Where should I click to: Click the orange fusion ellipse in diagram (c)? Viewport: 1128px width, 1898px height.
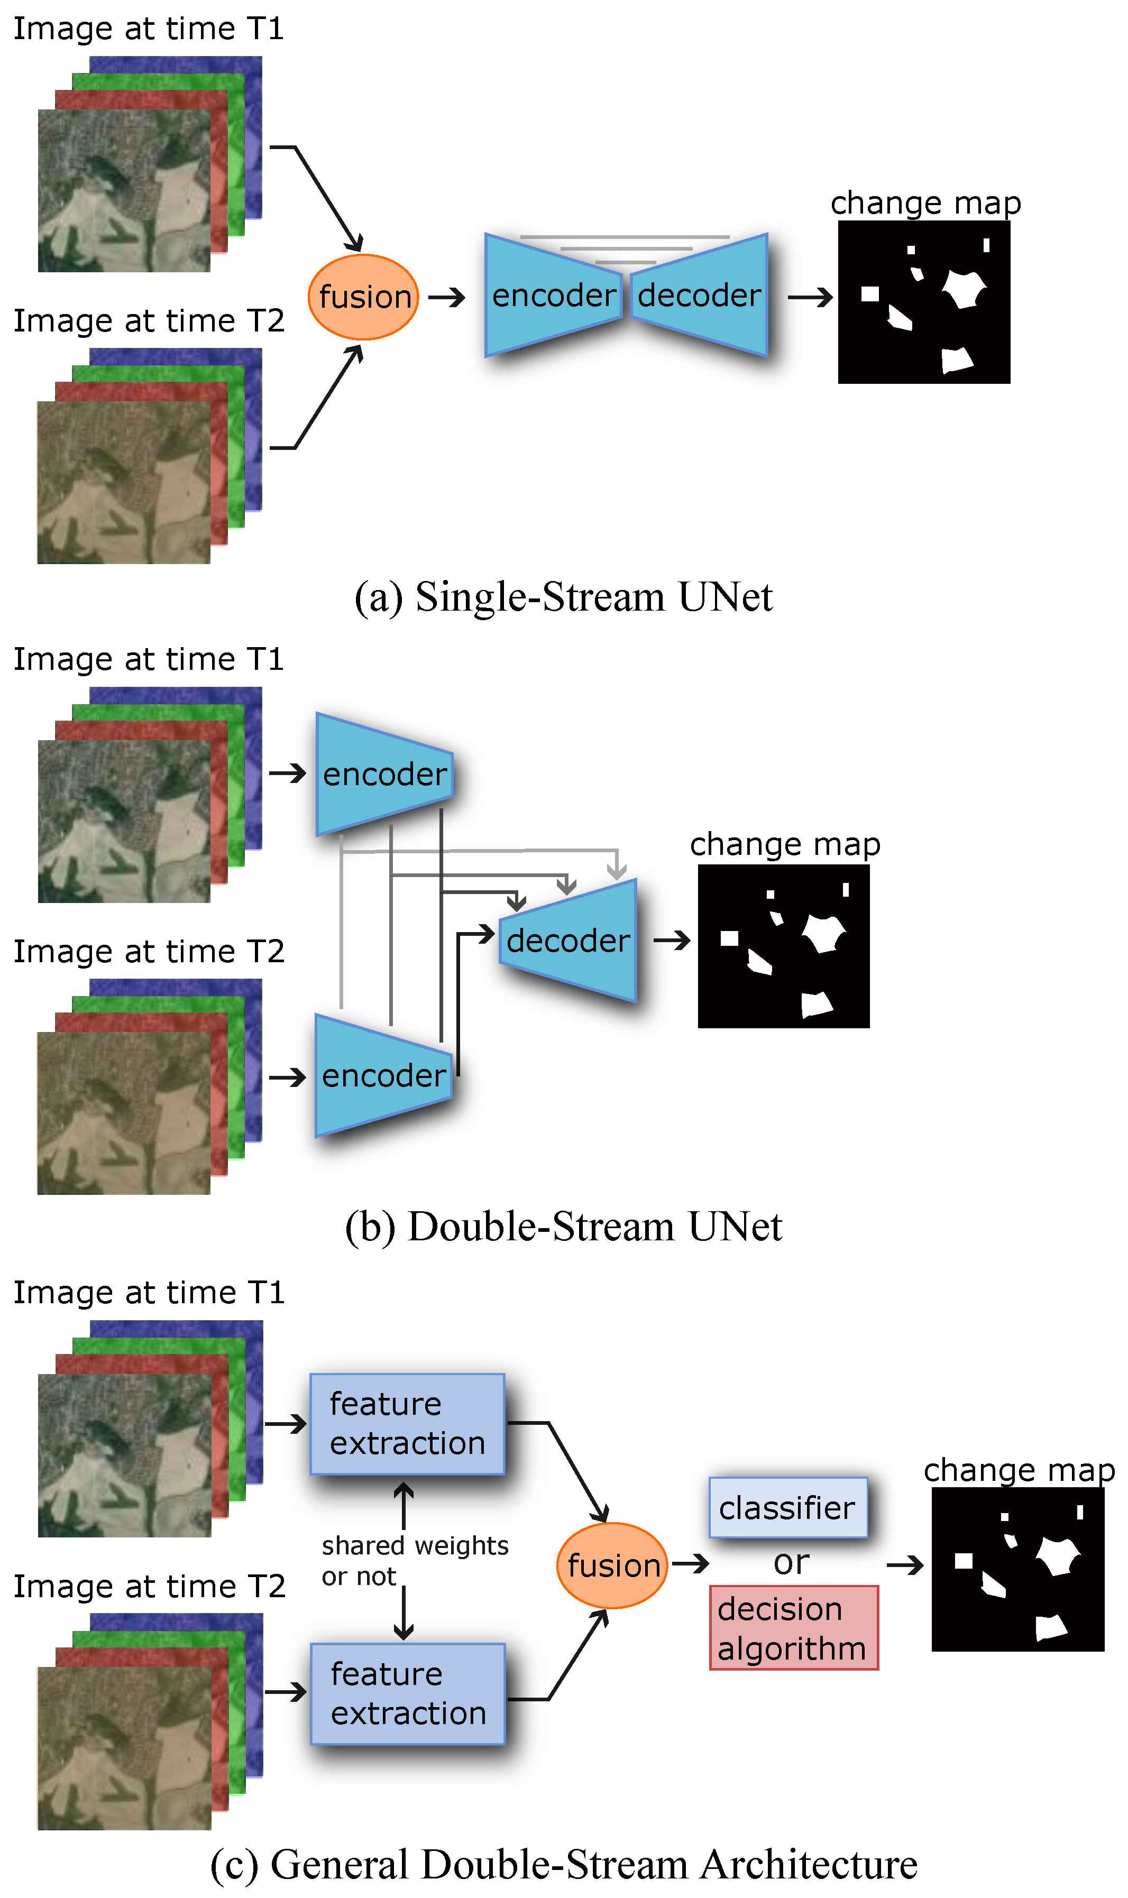point(612,1565)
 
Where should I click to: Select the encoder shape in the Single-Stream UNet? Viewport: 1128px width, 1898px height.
point(553,296)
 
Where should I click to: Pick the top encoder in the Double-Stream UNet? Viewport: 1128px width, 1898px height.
point(384,774)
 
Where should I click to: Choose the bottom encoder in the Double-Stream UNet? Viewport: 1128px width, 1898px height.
point(384,1076)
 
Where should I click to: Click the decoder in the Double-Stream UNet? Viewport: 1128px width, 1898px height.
point(568,941)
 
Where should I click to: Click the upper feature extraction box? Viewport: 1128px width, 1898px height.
point(407,1424)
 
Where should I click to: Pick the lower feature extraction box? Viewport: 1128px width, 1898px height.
point(407,1693)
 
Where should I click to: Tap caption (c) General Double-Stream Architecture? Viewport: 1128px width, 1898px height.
point(563,1864)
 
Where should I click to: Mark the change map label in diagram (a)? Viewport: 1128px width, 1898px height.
point(925,203)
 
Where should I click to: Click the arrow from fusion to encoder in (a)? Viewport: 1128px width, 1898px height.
point(447,297)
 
